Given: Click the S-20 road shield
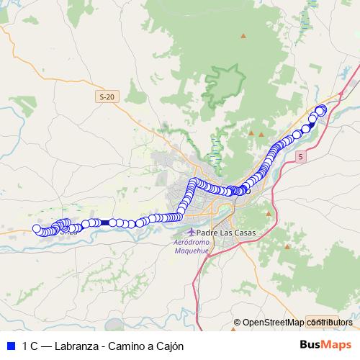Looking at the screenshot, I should point(107,96).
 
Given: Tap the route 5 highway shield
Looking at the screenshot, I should point(300,156).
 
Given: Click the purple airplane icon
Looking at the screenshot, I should point(191,233).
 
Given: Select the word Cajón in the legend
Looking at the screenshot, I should point(170,346).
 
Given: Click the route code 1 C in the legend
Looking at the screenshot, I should point(30,346).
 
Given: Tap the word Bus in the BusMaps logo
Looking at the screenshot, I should point(310,346).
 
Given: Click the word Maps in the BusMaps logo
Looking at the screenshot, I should point(336,346).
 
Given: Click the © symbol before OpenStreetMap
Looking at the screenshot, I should point(237,322).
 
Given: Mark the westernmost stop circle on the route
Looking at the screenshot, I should point(37,229).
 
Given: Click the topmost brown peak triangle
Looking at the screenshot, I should point(243,36).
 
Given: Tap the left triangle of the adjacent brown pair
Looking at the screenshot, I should point(251,133).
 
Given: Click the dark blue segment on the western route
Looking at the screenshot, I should point(106,223).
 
